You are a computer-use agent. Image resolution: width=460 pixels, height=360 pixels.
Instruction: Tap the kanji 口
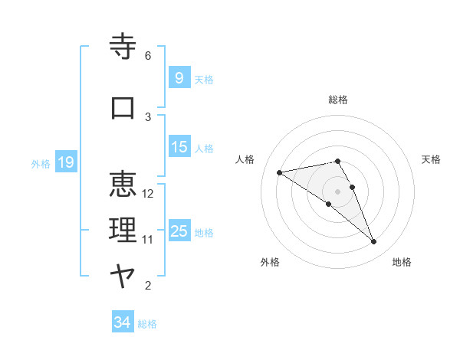[x=123, y=107]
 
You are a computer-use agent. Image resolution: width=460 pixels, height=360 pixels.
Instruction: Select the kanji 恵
[x=123, y=185]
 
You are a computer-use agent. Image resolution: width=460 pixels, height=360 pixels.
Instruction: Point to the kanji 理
[x=123, y=231]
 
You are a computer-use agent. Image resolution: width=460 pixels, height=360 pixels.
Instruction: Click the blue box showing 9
[x=179, y=78]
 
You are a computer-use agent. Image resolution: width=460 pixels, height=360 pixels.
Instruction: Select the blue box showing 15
[x=179, y=147]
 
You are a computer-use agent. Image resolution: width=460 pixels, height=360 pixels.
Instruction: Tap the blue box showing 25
[x=179, y=231]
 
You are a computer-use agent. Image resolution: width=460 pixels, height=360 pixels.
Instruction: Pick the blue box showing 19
[x=66, y=162]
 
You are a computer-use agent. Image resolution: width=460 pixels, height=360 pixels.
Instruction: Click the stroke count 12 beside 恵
[x=148, y=193]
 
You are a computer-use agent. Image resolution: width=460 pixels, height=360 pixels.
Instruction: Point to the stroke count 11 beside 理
[x=148, y=240]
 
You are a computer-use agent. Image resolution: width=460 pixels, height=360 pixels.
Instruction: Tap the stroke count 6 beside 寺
[x=148, y=56]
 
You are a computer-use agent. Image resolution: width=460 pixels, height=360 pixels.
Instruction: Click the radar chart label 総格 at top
[x=338, y=100]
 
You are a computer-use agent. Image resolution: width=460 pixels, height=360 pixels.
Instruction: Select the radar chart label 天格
[x=432, y=159]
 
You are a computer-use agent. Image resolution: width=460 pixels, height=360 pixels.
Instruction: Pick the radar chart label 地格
[x=402, y=262]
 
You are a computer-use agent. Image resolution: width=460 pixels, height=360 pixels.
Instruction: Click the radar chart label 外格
[x=270, y=262]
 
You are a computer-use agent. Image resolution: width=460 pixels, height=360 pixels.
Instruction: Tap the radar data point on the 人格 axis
[x=279, y=172]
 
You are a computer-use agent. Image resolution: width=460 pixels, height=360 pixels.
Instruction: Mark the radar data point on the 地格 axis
[x=374, y=242]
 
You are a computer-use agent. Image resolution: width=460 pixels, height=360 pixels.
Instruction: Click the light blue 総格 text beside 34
[x=147, y=324]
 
